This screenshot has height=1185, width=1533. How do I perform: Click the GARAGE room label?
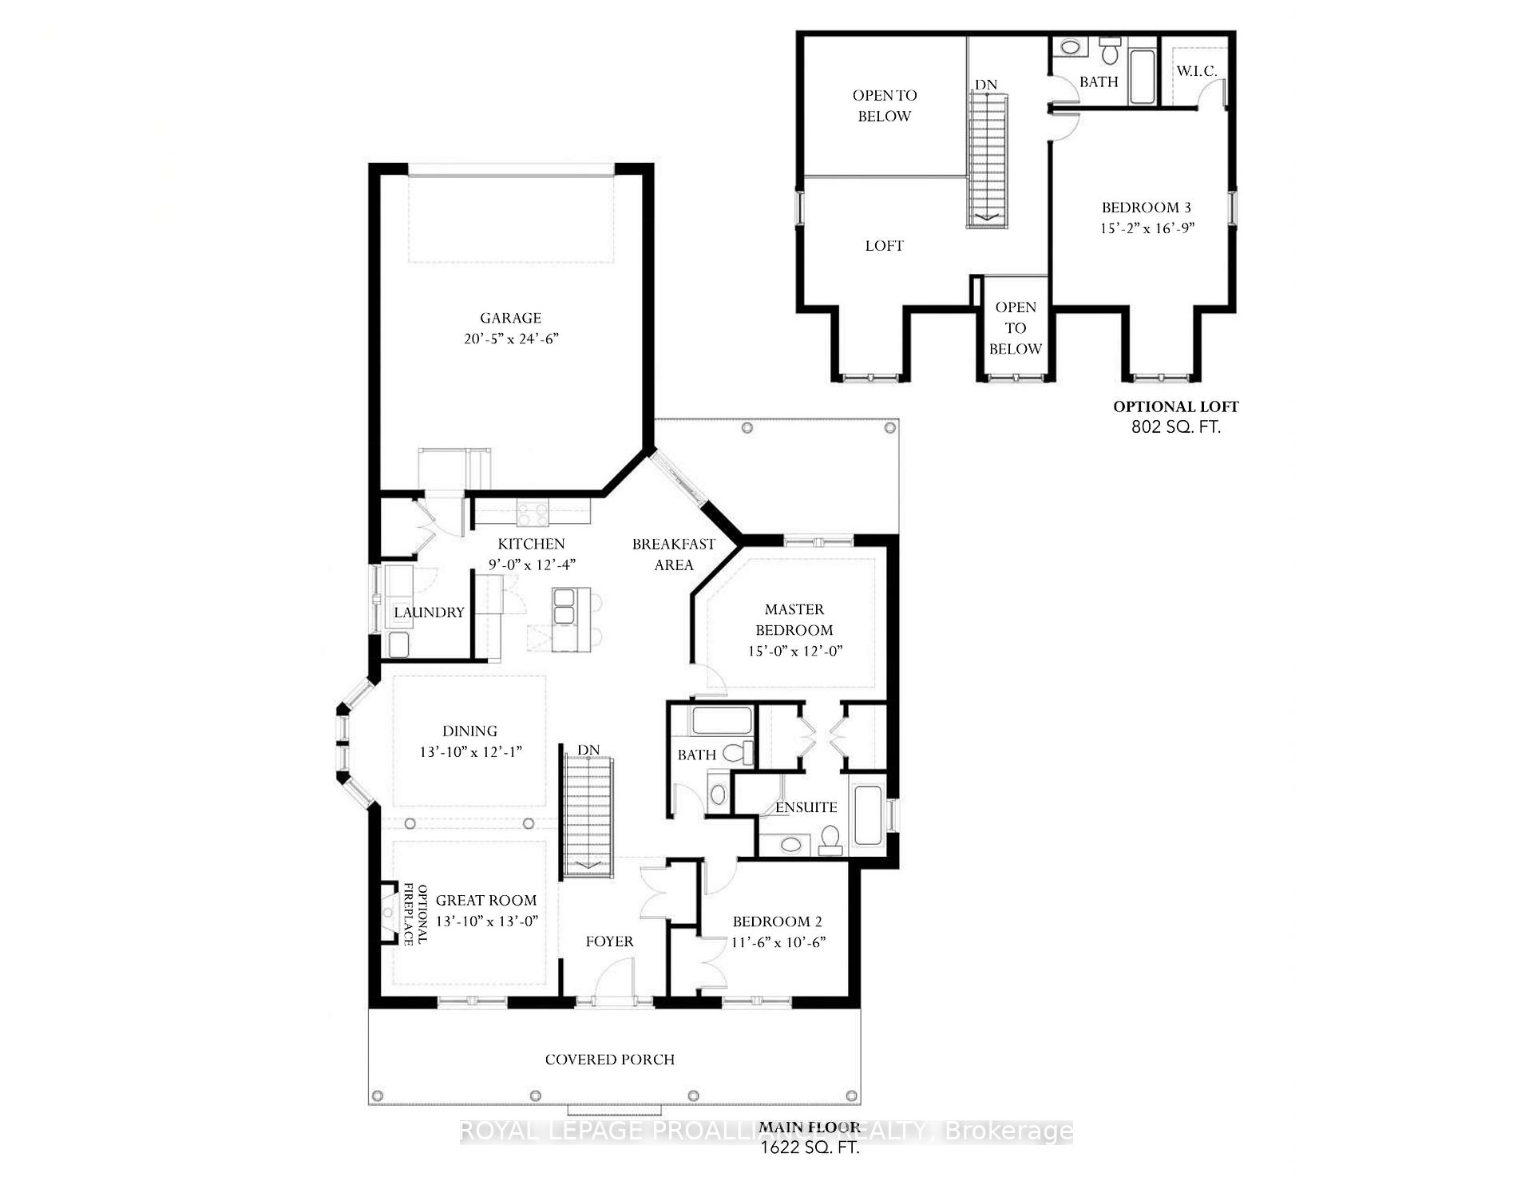[x=510, y=318]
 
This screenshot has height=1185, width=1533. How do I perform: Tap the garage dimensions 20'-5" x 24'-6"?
[x=511, y=339]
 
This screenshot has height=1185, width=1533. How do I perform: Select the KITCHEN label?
[x=531, y=544]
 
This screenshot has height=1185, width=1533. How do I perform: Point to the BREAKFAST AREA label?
[x=674, y=554]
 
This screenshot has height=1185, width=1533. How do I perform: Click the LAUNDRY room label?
[x=429, y=612]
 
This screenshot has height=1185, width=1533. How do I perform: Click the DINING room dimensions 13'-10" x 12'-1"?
[x=470, y=751]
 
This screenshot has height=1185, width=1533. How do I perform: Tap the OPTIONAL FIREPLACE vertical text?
[x=415, y=914]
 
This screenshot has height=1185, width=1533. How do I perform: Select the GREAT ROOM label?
[x=486, y=900]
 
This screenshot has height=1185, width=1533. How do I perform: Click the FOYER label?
[x=609, y=941]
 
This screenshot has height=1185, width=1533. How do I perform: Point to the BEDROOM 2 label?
[x=777, y=921]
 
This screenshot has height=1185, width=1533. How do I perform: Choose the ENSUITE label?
[x=806, y=807]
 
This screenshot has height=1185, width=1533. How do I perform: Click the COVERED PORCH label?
[x=610, y=1060]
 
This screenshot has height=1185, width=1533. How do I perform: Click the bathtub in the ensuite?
[x=867, y=816]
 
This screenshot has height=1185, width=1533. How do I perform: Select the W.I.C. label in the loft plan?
[x=1196, y=71]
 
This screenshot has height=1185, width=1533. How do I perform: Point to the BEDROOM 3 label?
[x=1147, y=208]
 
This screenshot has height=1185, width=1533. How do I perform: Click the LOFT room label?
[x=884, y=246]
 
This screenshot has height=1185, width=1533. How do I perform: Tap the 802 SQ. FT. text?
[x=1176, y=427]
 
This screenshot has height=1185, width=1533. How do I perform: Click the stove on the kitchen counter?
[x=533, y=513]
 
